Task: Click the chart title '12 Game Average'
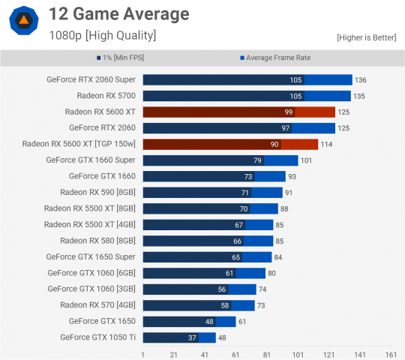click(x=118, y=13)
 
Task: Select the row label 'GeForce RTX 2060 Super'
click(x=90, y=79)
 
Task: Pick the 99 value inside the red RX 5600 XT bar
click(x=288, y=112)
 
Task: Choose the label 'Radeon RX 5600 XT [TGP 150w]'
click(x=79, y=144)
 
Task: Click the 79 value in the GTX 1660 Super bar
click(x=257, y=160)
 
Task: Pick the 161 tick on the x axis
click(x=390, y=353)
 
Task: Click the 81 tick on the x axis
click(x=266, y=353)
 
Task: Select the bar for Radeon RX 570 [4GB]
click(x=199, y=305)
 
